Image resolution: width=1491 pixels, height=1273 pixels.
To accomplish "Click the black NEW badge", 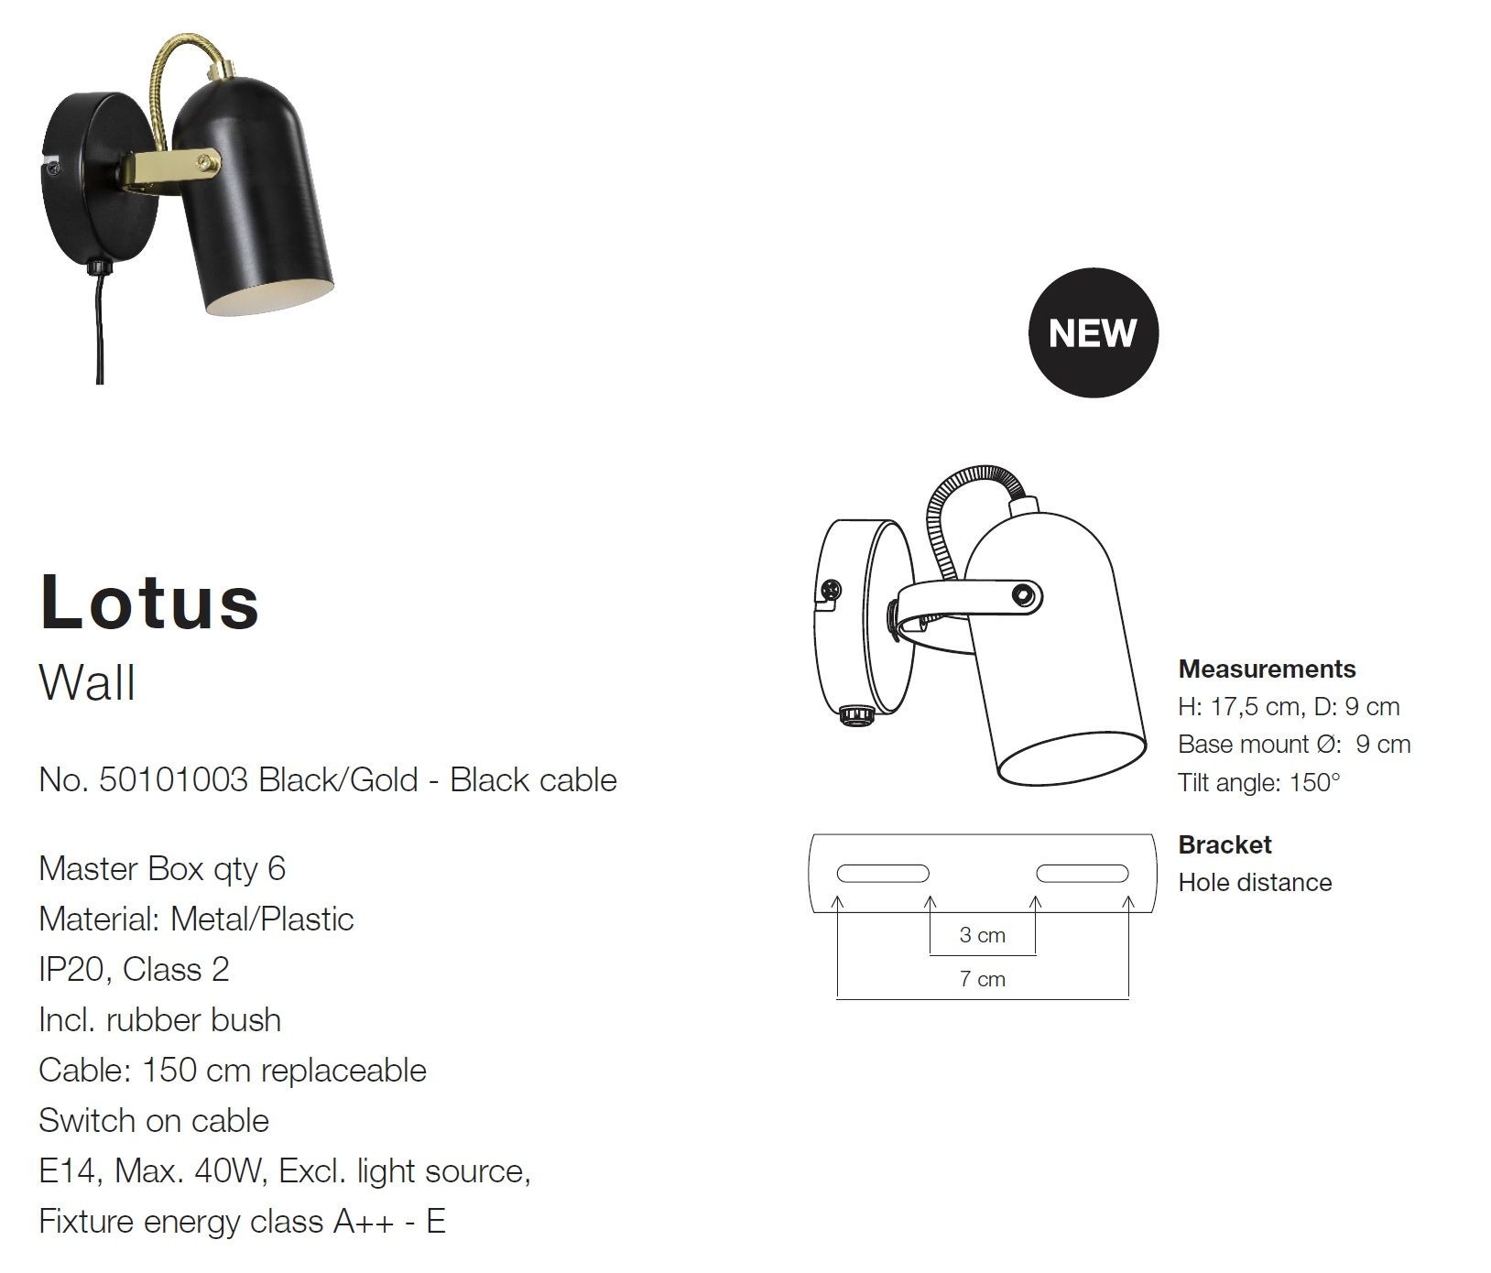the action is click(x=1093, y=332).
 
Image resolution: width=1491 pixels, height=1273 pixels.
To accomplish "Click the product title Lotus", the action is click(x=150, y=601).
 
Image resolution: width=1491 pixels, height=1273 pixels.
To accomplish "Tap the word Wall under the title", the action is click(x=87, y=683).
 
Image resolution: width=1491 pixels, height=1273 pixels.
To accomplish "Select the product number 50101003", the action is click(x=173, y=780).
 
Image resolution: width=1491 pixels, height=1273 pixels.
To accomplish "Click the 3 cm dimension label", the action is click(x=982, y=935).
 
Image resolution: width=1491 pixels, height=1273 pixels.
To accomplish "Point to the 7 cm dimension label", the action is click(x=982, y=979).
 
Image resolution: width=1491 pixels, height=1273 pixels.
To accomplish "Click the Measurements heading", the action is click(x=1267, y=669).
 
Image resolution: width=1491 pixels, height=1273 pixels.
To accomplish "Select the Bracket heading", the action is click(x=1224, y=844).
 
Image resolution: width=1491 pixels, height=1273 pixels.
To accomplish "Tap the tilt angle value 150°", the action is click(x=1314, y=783).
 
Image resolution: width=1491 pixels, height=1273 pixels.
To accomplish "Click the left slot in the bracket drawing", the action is click(x=883, y=873).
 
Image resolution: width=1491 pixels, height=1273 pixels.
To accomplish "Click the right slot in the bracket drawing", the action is click(x=1082, y=873).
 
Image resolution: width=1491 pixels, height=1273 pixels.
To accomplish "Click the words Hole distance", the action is click(x=1255, y=883).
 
